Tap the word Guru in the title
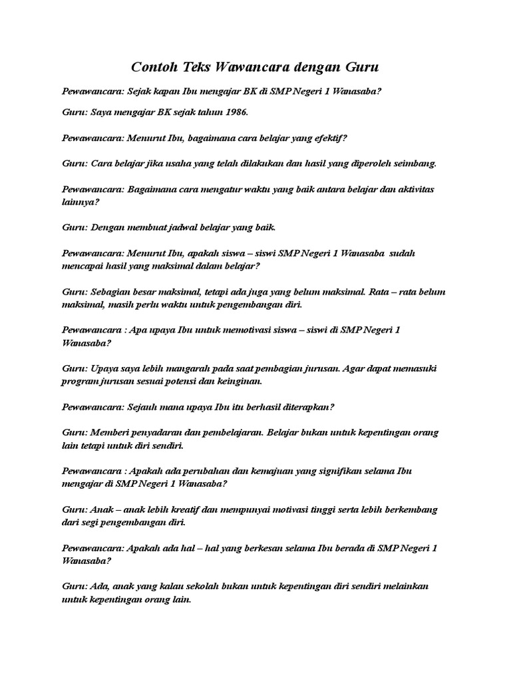point(362,67)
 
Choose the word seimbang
point(415,163)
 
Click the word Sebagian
point(110,292)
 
